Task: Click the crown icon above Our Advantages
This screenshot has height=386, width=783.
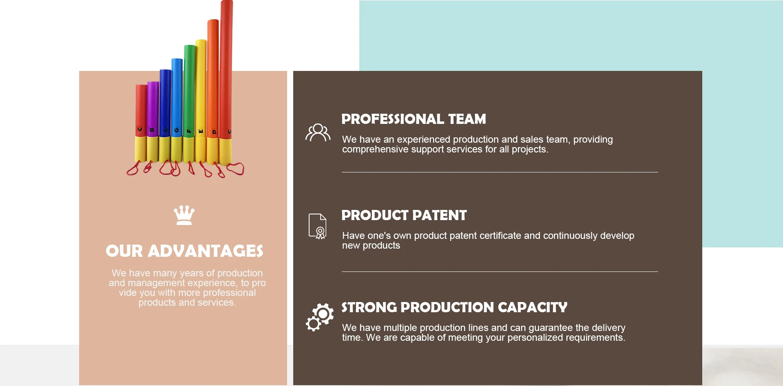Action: pos(184,215)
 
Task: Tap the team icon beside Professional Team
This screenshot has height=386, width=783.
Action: pos(318,132)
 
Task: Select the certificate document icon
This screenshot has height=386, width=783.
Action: pos(317,226)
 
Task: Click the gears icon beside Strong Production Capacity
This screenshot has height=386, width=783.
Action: pos(320,317)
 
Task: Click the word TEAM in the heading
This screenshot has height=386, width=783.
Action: pos(467,119)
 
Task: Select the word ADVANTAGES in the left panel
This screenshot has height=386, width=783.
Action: pos(206,251)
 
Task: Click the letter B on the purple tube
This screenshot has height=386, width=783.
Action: pos(152,130)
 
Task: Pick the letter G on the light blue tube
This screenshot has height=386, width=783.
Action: pos(177,130)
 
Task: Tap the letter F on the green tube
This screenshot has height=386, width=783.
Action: pos(189,131)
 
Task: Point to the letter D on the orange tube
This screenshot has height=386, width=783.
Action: pos(214,132)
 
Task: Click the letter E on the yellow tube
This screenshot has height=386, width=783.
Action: pos(201,131)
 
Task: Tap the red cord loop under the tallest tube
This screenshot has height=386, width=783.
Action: pos(235,169)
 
